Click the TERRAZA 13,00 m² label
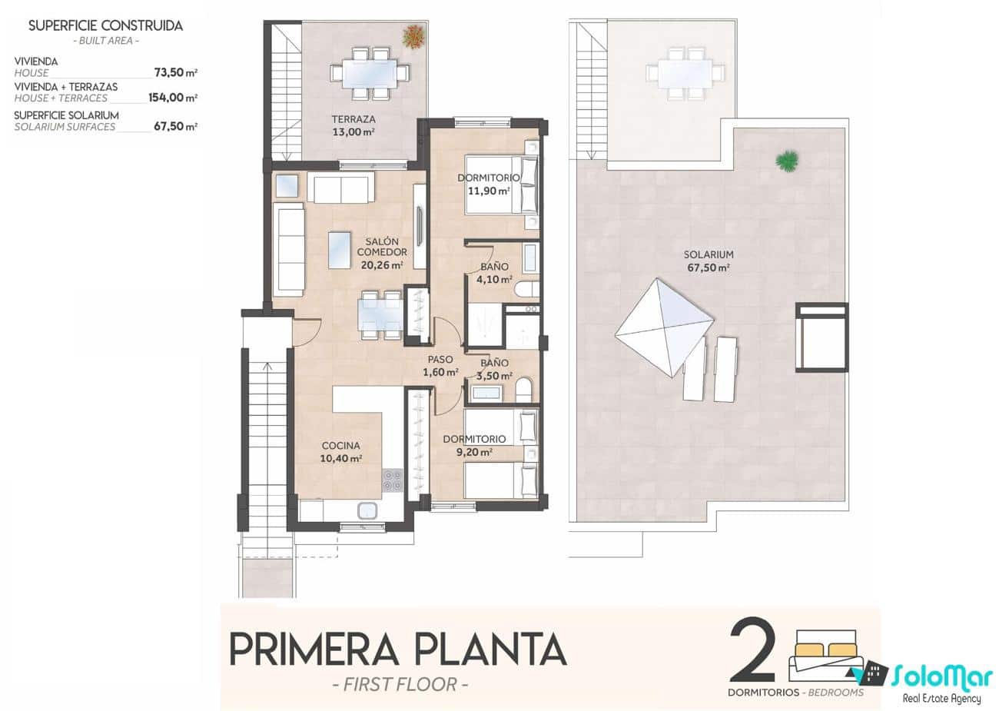(353, 125)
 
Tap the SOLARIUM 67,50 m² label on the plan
(708, 261)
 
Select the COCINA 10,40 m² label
(340, 452)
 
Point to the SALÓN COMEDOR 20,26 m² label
(382, 253)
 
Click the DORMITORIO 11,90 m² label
(489, 184)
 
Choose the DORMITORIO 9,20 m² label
(474, 446)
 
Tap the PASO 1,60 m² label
(440, 366)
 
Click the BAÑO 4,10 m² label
(495, 273)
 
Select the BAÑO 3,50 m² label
(495, 369)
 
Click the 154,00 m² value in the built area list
(173, 98)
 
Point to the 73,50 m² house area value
(175, 72)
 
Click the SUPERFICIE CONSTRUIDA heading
(105, 25)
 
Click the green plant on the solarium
(786, 161)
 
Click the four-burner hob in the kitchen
(392, 480)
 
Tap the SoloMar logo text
(942, 676)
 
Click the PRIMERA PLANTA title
(398, 650)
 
